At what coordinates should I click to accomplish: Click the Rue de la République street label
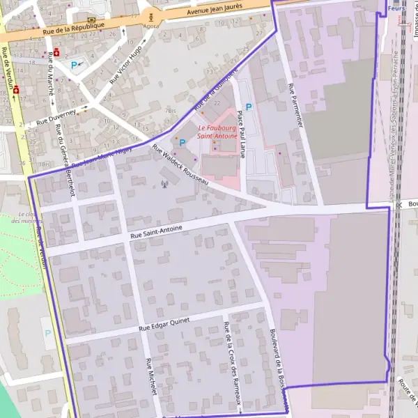pyautogui.click(x=73, y=29)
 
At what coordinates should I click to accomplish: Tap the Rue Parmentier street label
pyautogui.click(x=296, y=105)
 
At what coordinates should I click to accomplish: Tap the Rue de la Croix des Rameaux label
pyautogui.click(x=232, y=363)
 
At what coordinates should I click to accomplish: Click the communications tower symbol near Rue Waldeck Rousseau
pyautogui.click(x=165, y=185)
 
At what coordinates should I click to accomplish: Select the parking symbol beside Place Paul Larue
pyautogui.click(x=248, y=107)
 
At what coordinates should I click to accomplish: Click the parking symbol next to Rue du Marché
pyautogui.click(x=75, y=65)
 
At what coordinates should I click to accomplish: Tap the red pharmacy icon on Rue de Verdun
pyautogui.click(x=15, y=91)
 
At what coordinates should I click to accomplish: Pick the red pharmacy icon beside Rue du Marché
pyautogui.click(x=56, y=52)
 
